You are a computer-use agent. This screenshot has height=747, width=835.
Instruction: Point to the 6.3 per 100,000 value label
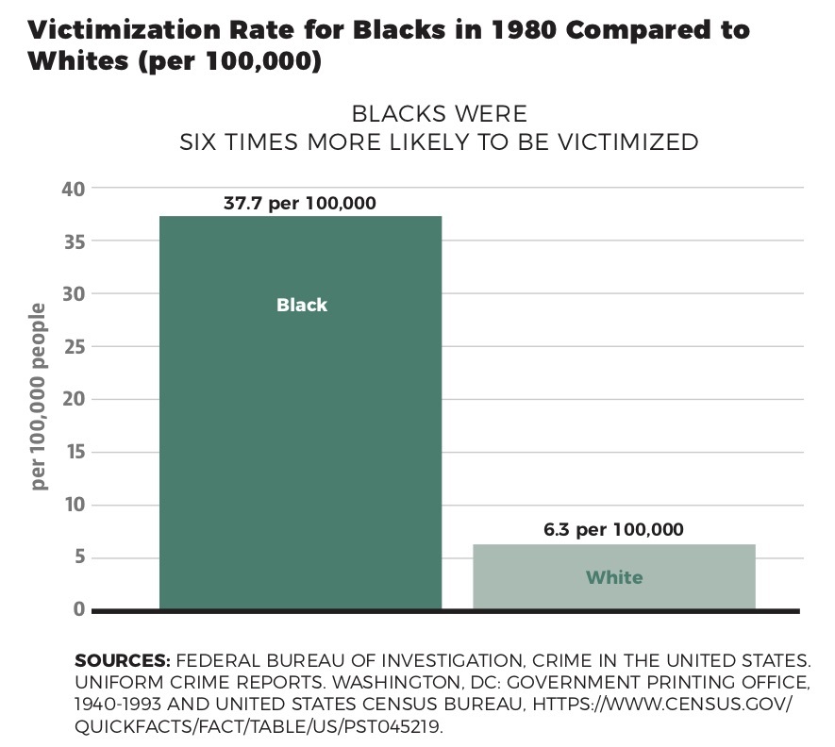(x=613, y=529)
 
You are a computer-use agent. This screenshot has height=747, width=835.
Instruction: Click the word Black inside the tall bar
(x=302, y=305)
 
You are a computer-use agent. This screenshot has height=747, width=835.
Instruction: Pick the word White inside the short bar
(x=614, y=576)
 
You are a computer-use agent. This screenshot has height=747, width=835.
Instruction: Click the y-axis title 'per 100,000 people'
(x=39, y=396)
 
